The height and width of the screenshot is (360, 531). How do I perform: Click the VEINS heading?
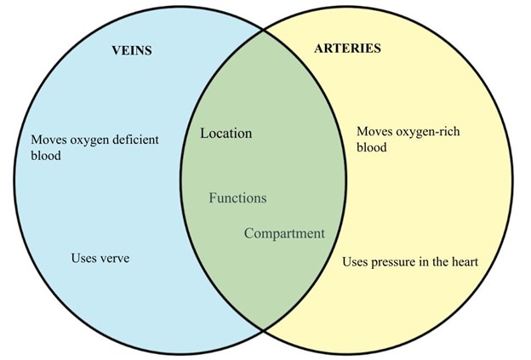131,49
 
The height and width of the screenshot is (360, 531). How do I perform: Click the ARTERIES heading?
349,48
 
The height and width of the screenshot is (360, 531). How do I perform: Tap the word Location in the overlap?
226,134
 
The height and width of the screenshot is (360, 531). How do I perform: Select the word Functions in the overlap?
237,198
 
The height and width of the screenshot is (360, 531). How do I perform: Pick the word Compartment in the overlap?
284,233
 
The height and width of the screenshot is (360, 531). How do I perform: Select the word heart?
463,262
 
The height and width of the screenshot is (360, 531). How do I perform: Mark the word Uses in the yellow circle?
355,262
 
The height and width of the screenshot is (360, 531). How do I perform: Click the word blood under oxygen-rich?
372,147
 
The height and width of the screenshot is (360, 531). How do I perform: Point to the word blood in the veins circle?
46,156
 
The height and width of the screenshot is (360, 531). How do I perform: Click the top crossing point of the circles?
262,28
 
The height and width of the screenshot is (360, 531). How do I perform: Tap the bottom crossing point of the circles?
262,329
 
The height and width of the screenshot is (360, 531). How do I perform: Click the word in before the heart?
430,262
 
